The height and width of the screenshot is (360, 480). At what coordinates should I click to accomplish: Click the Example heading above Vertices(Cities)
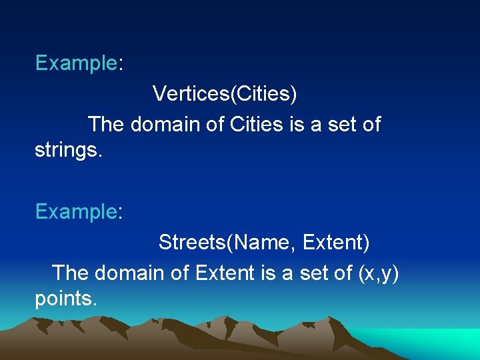click(x=76, y=63)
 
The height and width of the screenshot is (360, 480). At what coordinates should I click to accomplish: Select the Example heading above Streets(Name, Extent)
click(x=76, y=212)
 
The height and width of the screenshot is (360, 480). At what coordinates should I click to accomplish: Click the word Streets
click(x=192, y=243)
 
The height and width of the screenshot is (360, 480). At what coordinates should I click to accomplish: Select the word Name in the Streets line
click(x=261, y=243)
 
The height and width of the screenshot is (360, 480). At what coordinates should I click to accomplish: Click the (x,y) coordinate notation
click(x=379, y=273)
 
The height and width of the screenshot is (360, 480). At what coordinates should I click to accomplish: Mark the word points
click(x=65, y=299)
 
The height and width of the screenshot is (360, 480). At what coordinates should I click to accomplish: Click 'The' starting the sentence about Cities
click(x=106, y=124)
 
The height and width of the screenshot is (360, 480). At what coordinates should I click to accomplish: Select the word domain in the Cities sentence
click(x=169, y=124)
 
